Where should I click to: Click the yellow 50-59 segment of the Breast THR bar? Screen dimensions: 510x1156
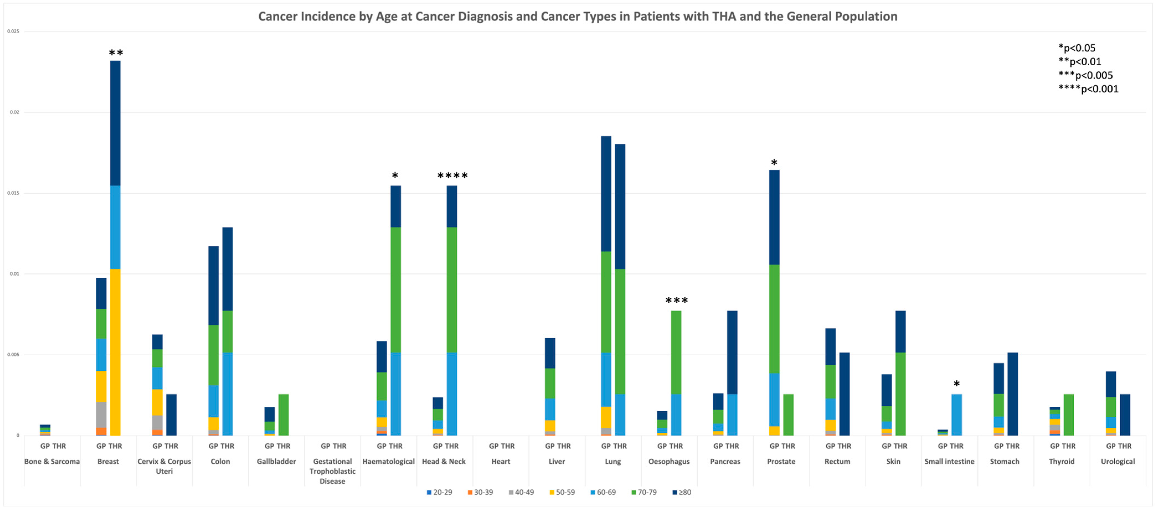click(x=115, y=352)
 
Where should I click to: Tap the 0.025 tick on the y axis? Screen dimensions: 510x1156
click(x=13, y=31)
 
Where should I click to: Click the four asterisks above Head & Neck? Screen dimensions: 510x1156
click(x=452, y=175)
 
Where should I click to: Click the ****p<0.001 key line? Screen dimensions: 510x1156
click(x=1088, y=89)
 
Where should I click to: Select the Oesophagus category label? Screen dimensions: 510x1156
click(x=669, y=461)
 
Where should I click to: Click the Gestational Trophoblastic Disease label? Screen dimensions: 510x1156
click(x=332, y=471)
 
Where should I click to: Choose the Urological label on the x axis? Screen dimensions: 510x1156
click(x=1118, y=461)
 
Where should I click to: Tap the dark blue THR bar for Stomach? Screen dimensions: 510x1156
click(x=1013, y=394)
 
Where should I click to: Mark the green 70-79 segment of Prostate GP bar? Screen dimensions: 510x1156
click(x=774, y=319)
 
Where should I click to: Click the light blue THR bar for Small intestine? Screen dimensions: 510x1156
click(x=957, y=415)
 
